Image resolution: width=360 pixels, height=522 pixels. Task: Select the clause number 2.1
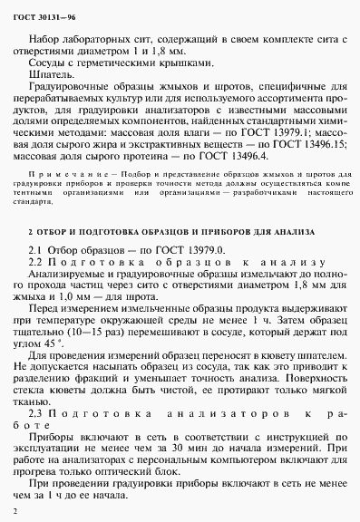[x=37, y=248]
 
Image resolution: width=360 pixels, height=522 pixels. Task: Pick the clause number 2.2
[x=37, y=260]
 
